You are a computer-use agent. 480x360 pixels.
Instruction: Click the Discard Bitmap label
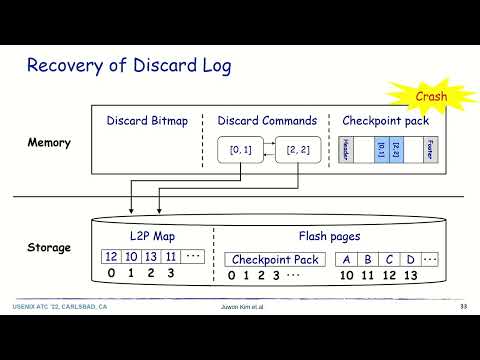[146, 121]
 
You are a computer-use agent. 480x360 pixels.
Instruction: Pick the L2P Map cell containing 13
[150, 257]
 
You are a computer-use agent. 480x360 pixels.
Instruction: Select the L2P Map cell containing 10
[130, 257]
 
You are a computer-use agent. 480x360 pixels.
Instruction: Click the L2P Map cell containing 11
[170, 257]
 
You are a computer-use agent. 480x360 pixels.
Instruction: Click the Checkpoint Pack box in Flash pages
[274, 258]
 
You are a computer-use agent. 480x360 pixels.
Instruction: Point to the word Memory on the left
[49, 143]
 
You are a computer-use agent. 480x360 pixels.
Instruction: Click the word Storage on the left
[49, 247]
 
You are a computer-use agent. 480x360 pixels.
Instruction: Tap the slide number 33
[463, 305]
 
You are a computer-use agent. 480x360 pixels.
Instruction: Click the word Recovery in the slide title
[62, 67]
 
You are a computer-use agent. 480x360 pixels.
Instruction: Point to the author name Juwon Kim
[241, 305]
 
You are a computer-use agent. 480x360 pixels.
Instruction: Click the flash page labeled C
[390, 258]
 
